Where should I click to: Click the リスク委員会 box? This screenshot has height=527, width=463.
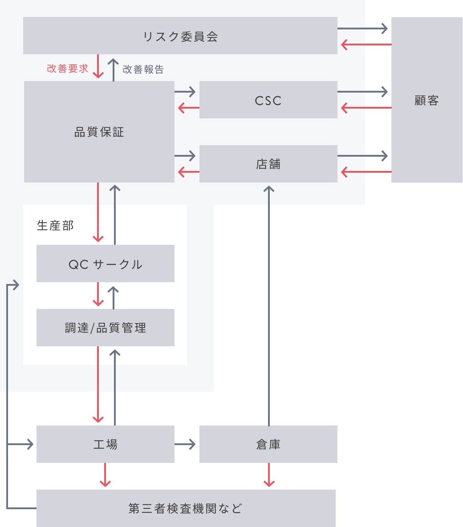point(180,36)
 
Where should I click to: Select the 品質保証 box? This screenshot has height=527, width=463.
point(99,132)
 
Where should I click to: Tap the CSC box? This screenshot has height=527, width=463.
point(268,100)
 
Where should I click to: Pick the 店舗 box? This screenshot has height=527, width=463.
point(268,164)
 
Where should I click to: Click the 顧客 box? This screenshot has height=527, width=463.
point(426,100)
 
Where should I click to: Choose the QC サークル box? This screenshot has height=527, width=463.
point(105,263)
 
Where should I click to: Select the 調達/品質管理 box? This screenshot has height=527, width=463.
point(105,328)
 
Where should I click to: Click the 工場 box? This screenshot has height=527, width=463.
point(105,444)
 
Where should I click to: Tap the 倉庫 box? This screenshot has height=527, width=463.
point(268,444)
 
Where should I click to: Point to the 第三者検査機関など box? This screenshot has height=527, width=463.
point(186,508)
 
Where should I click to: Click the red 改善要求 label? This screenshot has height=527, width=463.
point(68,69)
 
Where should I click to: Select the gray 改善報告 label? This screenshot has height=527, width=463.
point(143,69)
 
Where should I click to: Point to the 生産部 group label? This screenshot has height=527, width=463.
point(55,226)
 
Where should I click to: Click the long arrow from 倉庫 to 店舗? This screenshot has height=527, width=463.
point(268,306)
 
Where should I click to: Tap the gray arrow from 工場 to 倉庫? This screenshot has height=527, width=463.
point(185,444)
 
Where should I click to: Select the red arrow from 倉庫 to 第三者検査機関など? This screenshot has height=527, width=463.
point(269,474)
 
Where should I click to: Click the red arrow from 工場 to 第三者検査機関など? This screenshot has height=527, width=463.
point(105,474)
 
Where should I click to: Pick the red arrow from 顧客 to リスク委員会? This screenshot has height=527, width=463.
point(366,45)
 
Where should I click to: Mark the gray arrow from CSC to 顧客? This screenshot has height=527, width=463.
point(362,92)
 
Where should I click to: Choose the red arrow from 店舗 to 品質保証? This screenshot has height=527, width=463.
point(189,172)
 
